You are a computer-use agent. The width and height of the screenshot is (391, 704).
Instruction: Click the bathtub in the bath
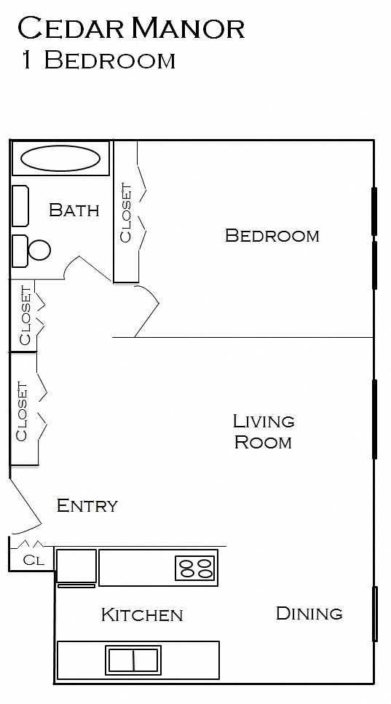[60, 157]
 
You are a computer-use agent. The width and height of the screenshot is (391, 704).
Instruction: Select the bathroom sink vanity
[20, 206]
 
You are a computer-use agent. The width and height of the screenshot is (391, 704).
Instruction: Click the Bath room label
[74, 210]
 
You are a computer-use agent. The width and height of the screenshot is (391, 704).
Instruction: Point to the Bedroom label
[272, 235]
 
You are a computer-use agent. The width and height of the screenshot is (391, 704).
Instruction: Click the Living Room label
[263, 431]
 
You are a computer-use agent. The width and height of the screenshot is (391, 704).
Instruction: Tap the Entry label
[87, 505]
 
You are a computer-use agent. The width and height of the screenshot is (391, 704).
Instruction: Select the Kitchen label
[141, 614]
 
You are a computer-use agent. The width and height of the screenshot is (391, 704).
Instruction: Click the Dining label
[309, 613]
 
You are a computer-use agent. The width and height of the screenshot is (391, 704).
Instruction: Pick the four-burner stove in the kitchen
[196, 568]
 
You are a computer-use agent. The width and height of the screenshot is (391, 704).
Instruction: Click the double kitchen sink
[133, 660]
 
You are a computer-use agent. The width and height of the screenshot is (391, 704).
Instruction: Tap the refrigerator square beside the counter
[76, 566]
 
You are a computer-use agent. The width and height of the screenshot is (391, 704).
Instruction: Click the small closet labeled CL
[32, 560]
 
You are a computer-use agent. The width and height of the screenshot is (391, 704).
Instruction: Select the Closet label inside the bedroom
[125, 213]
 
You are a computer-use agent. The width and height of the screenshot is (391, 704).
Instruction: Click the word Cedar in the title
[70, 29]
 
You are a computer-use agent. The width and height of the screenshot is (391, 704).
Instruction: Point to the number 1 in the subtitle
[27, 60]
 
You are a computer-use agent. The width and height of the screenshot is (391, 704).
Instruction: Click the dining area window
[376, 614]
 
